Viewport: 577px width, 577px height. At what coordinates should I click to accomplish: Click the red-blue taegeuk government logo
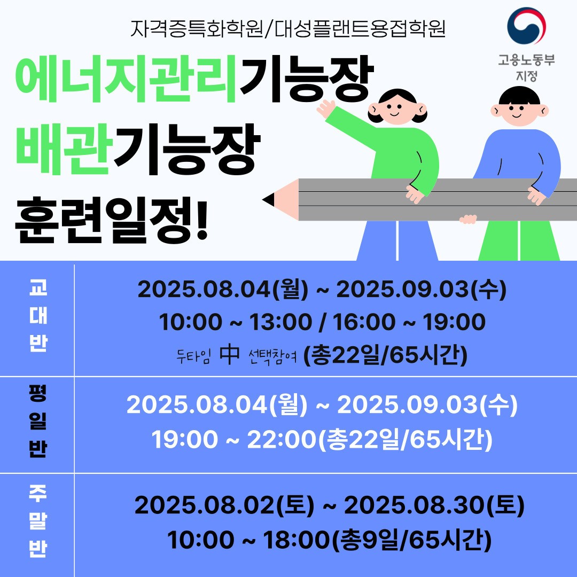(x=526, y=26)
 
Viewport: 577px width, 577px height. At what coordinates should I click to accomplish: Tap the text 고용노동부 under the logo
(x=526, y=60)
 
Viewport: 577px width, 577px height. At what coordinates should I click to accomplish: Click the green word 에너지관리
(x=126, y=79)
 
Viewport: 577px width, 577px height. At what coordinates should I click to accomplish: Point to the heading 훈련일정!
(x=112, y=220)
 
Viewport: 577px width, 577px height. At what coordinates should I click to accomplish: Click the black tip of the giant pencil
(x=268, y=199)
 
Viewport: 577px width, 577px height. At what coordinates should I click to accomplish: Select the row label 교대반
(x=38, y=316)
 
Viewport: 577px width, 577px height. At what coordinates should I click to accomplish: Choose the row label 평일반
(x=38, y=422)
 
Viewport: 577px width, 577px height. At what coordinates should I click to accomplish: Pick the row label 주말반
(x=38, y=521)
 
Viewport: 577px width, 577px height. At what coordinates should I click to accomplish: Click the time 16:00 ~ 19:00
(x=409, y=322)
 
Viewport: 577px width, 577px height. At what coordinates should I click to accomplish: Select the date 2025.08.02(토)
(x=224, y=505)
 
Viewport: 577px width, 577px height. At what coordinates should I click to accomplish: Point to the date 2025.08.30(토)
(x=434, y=505)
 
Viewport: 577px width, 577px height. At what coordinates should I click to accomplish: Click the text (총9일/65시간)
(x=412, y=540)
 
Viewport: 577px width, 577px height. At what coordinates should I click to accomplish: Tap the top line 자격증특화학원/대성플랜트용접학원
(x=288, y=29)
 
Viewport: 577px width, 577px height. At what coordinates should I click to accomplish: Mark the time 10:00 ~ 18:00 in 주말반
(x=248, y=540)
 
